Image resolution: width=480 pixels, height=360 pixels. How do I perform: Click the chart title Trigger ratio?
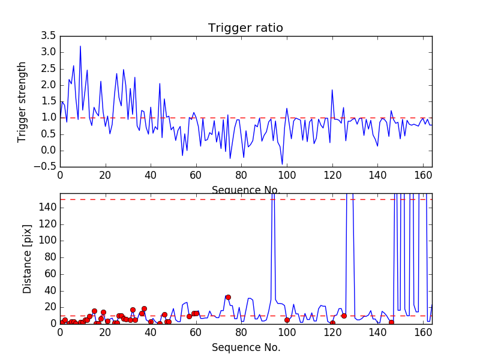click(245, 28)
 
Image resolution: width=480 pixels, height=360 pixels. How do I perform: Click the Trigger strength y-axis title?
click(22, 101)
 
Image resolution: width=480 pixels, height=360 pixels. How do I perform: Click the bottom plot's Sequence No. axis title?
click(245, 347)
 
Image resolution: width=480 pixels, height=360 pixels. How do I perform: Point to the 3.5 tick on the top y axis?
click(48, 36)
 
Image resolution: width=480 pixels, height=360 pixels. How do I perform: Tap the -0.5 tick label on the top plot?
click(46, 166)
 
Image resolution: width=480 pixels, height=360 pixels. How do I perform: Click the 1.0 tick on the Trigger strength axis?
click(48, 118)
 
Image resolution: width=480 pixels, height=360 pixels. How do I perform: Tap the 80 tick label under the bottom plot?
click(241, 332)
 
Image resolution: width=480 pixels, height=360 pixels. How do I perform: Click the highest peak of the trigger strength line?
click(80, 46)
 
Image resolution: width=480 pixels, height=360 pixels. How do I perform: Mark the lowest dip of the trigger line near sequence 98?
click(282, 164)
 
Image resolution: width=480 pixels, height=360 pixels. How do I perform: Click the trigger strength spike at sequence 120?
click(332, 90)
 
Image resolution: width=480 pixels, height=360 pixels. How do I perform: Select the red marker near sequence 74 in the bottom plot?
click(228, 297)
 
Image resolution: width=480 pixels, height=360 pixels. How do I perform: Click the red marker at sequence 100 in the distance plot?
click(287, 320)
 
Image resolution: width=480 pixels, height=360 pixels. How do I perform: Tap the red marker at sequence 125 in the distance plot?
click(344, 316)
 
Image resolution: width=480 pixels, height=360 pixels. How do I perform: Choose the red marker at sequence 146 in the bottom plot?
click(391, 322)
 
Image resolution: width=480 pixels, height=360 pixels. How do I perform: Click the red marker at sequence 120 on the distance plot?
click(332, 323)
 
